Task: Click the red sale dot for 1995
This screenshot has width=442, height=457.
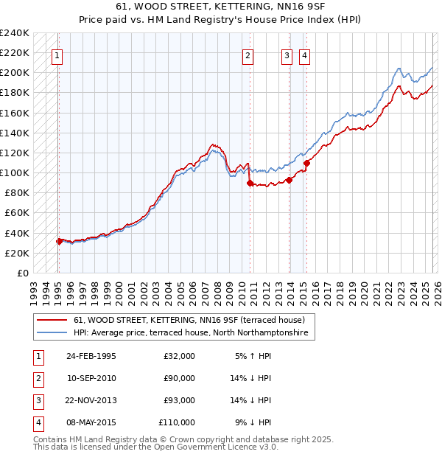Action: click(x=59, y=241)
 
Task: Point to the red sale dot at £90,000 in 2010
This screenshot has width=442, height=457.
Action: click(x=250, y=183)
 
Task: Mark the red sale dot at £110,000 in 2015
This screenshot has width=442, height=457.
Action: click(x=306, y=163)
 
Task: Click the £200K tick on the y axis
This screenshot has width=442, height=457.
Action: click(x=15, y=73)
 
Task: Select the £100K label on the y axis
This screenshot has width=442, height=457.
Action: click(x=15, y=172)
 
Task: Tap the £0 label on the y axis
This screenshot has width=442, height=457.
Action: click(x=22, y=273)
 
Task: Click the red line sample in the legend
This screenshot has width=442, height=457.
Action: click(x=52, y=321)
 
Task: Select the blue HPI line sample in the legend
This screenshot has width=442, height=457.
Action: click(x=52, y=333)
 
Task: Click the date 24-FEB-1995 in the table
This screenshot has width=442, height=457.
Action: click(x=91, y=356)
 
